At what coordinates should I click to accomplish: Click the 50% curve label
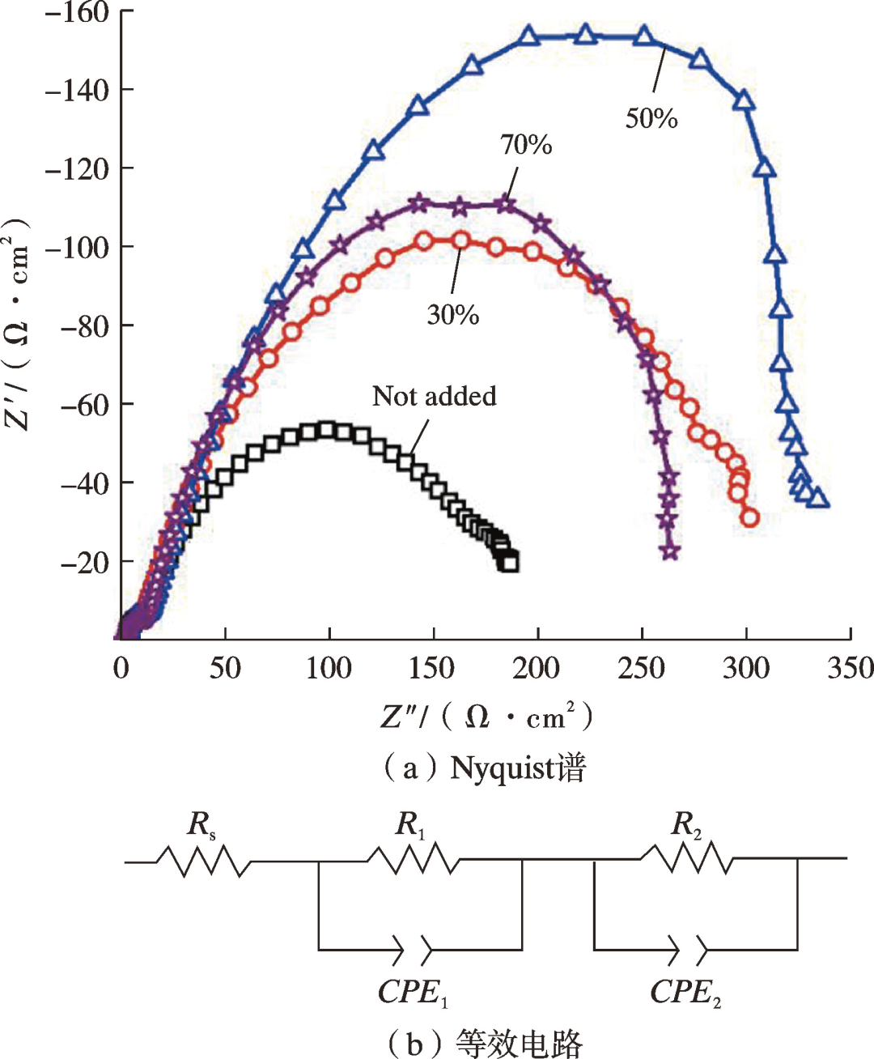point(651,119)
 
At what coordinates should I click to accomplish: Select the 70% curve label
point(526,145)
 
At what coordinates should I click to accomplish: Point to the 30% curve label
point(453,314)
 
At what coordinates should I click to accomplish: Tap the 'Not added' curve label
point(435,396)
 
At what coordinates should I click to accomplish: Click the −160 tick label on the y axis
point(77,13)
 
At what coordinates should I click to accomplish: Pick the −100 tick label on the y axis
point(77,247)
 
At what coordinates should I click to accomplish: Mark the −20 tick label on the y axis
point(84,562)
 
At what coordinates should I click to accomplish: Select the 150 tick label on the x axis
point(433,669)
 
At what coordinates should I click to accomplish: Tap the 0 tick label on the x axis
point(121,669)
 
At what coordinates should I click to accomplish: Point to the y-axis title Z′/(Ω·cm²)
point(18,324)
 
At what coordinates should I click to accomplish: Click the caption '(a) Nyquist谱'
point(484,767)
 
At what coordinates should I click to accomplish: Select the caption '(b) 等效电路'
point(484,1043)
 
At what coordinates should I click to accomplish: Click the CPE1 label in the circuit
point(413,993)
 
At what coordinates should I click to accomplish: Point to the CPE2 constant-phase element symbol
point(686,949)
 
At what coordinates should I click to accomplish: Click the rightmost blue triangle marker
point(818,497)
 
